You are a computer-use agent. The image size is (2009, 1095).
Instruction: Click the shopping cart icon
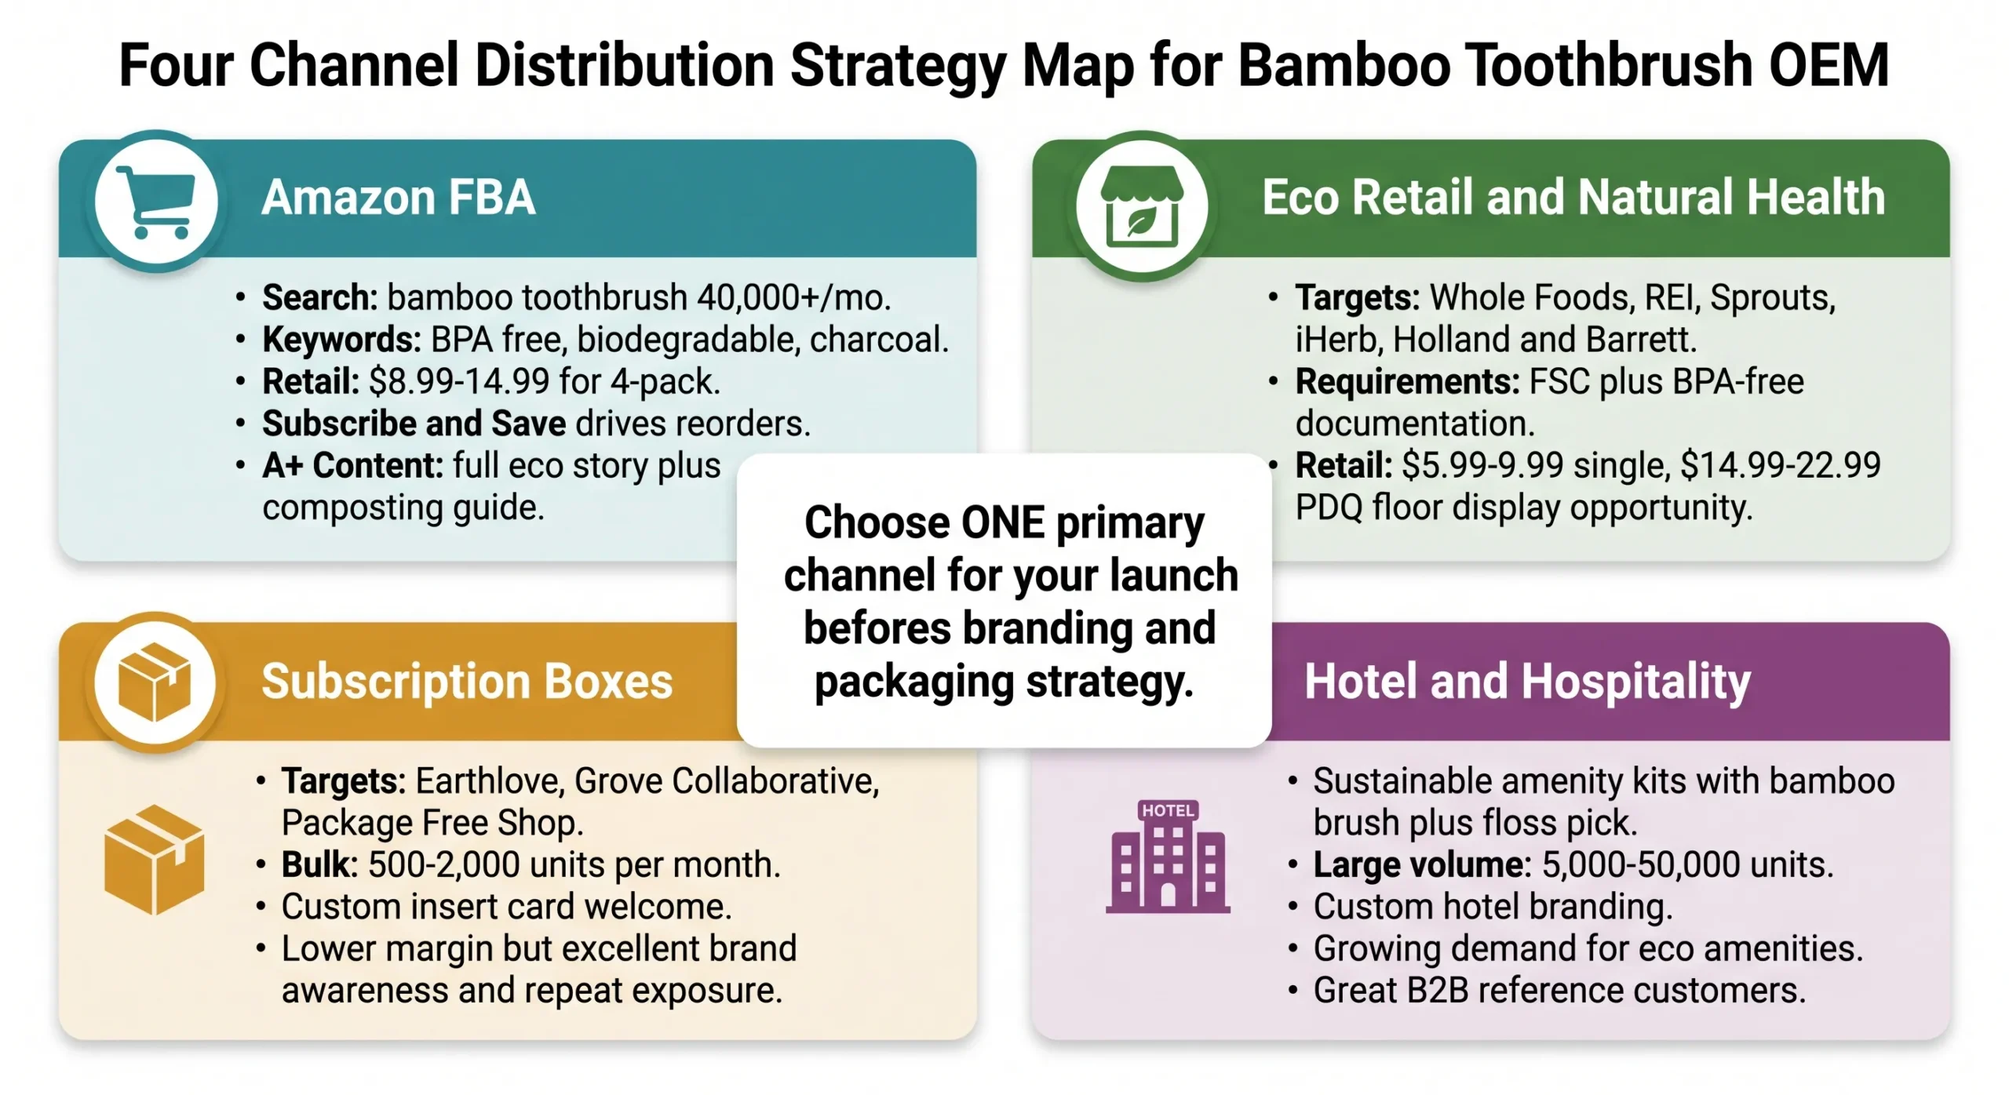pos(155,202)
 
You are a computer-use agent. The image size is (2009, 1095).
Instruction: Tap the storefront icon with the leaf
pos(1141,206)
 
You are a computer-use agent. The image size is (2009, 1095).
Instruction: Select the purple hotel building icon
pos(1168,857)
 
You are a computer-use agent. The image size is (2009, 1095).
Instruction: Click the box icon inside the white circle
pos(155,682)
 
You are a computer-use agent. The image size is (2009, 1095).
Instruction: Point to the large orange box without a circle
pos(155,860)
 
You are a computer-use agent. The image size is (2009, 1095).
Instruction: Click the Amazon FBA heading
pos(398,197)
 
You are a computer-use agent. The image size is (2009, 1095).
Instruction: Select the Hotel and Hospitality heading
pos(1526,681)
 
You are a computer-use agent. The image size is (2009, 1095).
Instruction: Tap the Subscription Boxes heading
pos(467,681)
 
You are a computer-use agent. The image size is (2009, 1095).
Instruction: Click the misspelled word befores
pos(877,628)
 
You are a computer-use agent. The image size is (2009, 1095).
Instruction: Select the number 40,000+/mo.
pos(793,298)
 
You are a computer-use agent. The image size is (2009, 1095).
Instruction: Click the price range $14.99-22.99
pos(1780,466)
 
